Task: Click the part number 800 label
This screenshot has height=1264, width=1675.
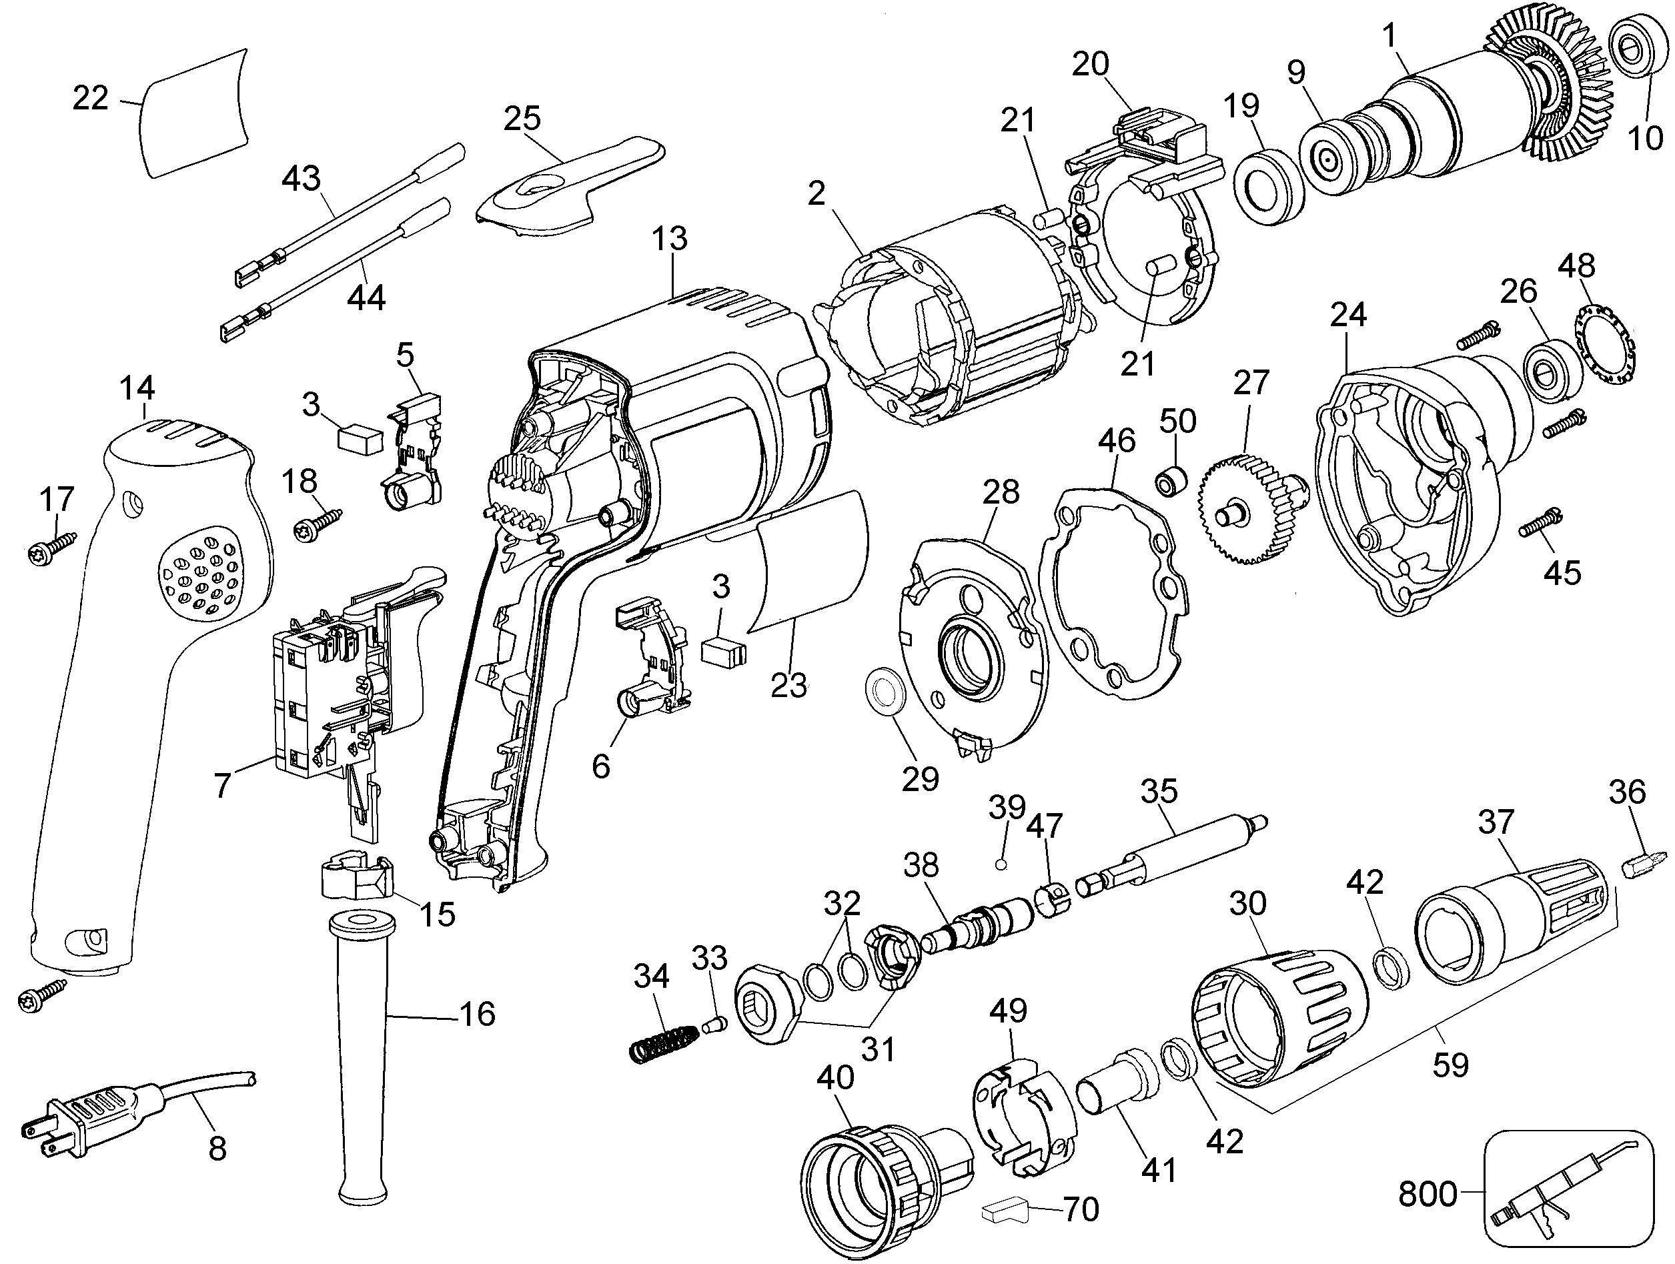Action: pyautogui.click(x=1427, y=1195)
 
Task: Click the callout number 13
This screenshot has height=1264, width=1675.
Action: pyautogui.click(x=669, y=239)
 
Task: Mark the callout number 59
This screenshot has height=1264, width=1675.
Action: pyautogui.click(x=1450, y=1065)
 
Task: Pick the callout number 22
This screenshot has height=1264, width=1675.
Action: pyautogui.click(x=90, y=99)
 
